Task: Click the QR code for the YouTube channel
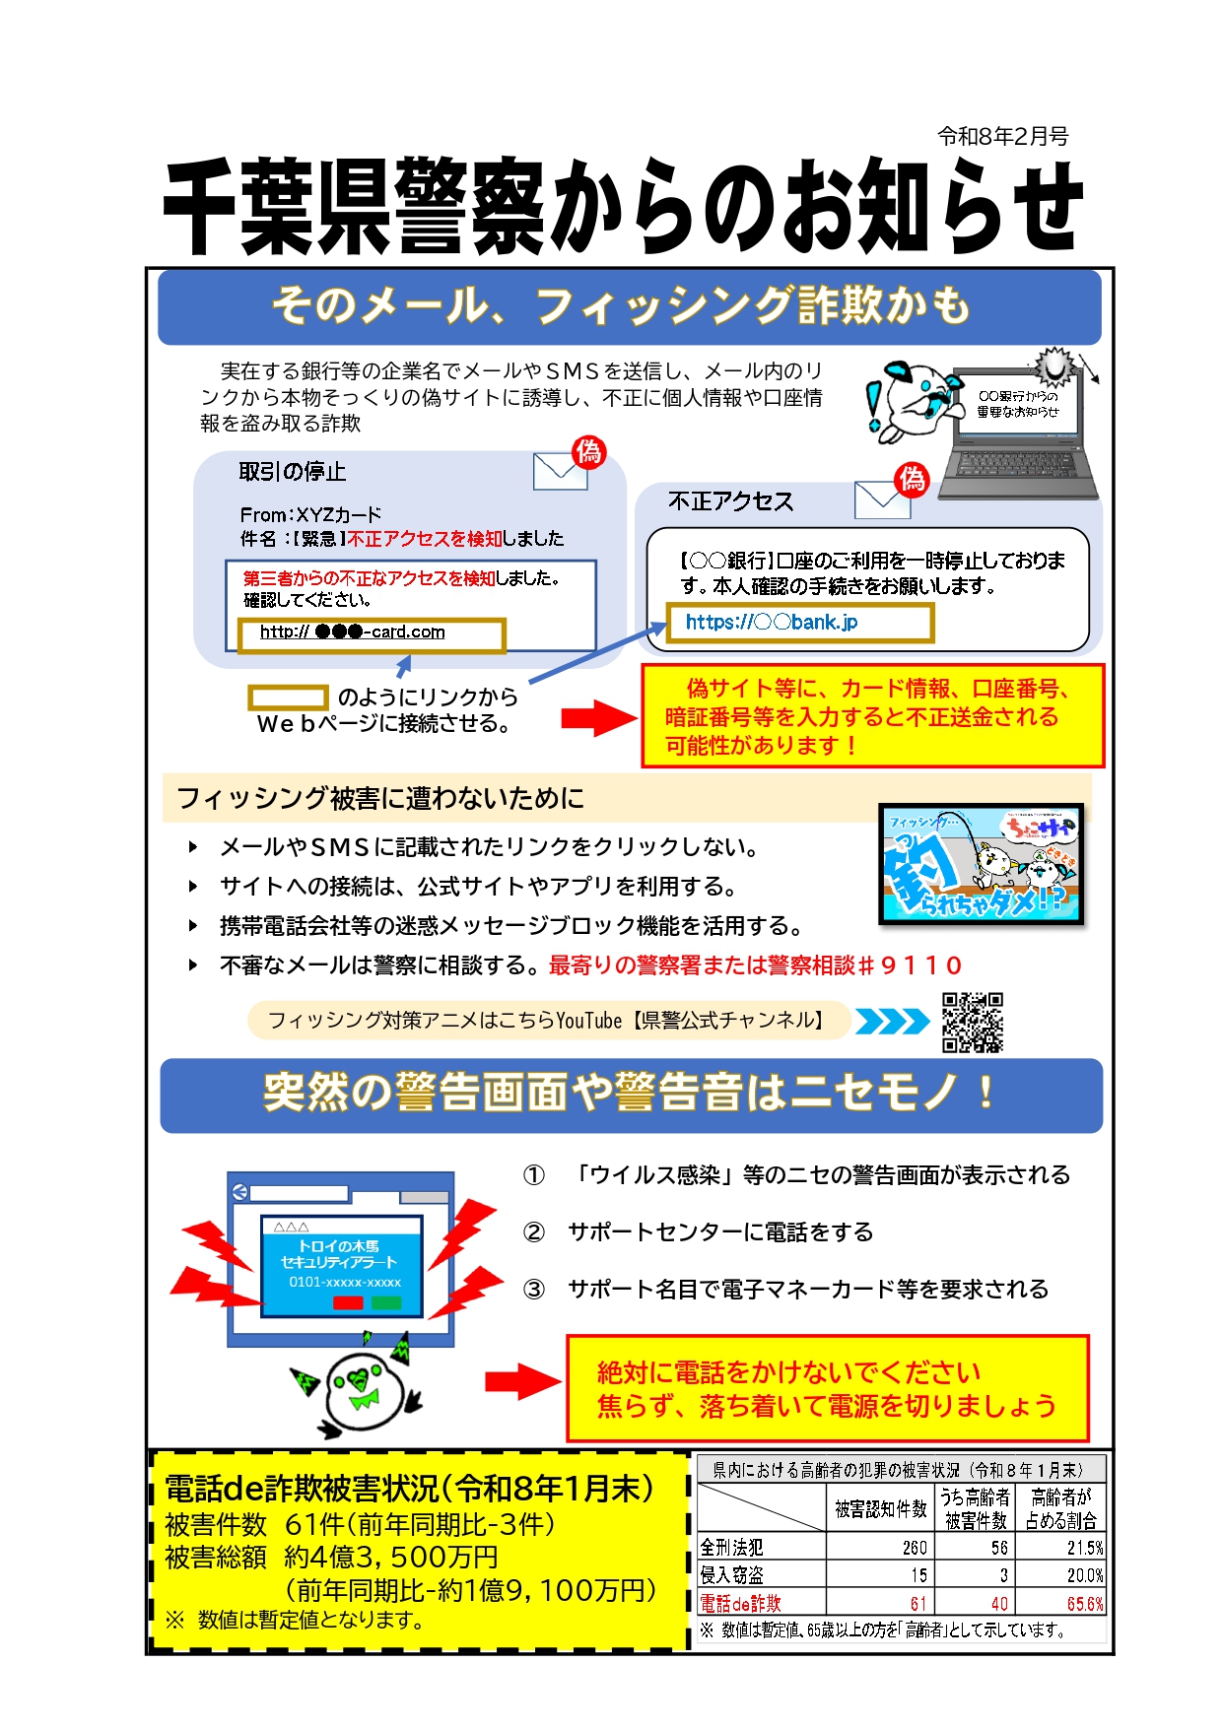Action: pyautogui.click(x=972, y=1022)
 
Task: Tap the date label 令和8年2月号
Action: pyautogui.click(x=1002, y=137)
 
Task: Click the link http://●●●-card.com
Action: pyautogui.click(x=353, y=632)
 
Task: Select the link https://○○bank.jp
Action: pyautogui.click(x=772, y=622)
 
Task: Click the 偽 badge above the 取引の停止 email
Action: pyautogui.click(x=588, y=452)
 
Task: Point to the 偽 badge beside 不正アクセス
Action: pyautogui.click(x=912, y=480)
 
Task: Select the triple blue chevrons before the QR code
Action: pyautogui.click(x=892, y=1022)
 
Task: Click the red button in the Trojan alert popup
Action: pyautogui.click(x=348, y=1302)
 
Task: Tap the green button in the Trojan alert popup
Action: pyautogui.click(x=386, y=1302)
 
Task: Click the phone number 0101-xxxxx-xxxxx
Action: pyautogui.click(x=345, y=1282)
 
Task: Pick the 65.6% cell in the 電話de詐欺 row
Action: pyautogui.click(x=1085, y=1604)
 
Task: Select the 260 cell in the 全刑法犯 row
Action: pyautogui.click(x=915, y=1548)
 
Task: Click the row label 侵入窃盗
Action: pyautogui.click(x=731, y=1575)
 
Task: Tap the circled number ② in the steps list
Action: pyautogui.click(x=533, y=1232)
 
